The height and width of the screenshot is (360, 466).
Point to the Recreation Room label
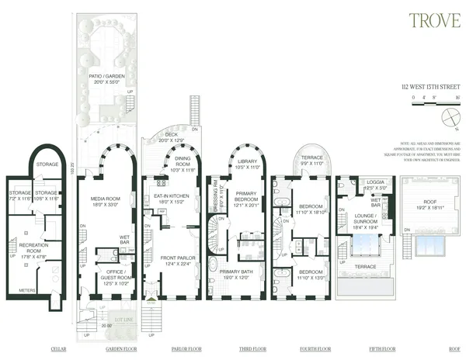(x=33, y=247)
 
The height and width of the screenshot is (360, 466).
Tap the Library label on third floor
(x=248, y=163)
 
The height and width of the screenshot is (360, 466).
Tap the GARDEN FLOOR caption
(x=120, y=349)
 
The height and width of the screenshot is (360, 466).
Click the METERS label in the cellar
(x=28, y=290)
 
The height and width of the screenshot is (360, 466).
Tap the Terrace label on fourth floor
(x=311, y=160)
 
